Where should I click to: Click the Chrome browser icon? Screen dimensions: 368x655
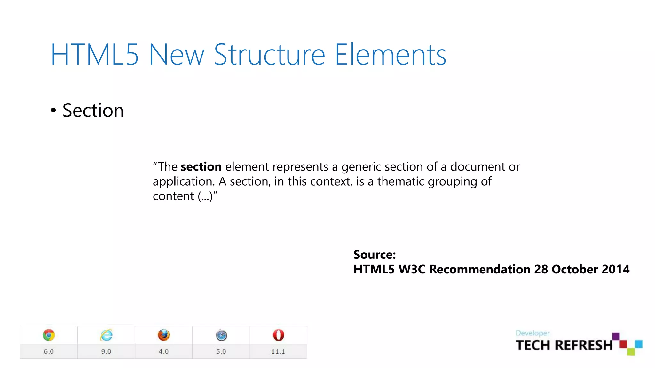coord(49,335)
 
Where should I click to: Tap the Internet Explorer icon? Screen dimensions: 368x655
coord(106,335)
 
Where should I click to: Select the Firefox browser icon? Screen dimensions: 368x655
coord(164,335)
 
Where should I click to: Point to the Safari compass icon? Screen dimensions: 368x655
coord(221,335)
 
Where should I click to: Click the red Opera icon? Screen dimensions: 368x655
coord(278,335)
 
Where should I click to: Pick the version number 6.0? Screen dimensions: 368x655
coord(49,351)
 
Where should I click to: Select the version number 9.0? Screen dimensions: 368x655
coord(106,351)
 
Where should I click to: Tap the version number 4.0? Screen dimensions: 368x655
coord(163,351)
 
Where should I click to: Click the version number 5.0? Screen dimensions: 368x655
coord(221,351)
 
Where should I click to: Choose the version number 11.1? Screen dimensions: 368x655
coord(278,351)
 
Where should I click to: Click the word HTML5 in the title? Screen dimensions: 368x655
coord(95,55)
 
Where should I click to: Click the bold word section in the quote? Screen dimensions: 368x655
coord(201,167)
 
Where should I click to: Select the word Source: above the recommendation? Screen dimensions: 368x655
coord(375,255)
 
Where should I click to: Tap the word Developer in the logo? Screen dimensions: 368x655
coord(533,333)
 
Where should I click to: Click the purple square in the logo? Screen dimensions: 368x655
coord(616,336)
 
